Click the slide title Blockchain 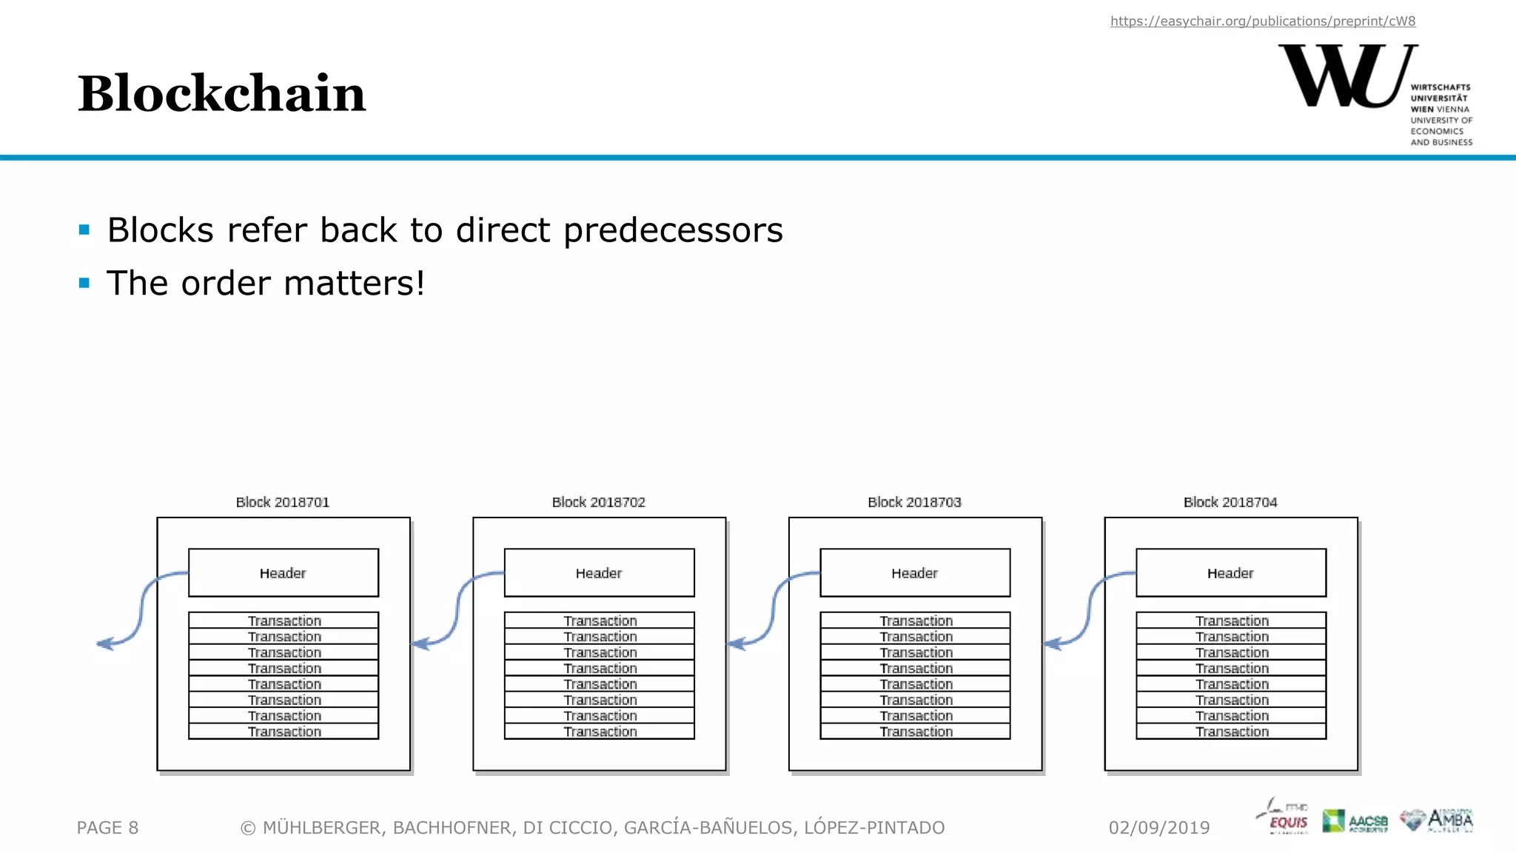(x=221, y=94)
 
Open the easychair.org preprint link (x=1262, y=21)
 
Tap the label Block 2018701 (x=282, y=502)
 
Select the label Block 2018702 (x=598, y=502)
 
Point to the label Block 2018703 (x=914, y=502)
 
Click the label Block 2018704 (x=1230, y=502)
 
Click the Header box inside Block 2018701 (x=283, y=572)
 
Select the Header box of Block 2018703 (x=914, y=572)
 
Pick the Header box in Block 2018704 (x=1230, y=572)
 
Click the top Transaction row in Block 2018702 (x=600, y=620)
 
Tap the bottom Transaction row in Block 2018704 (x=1231, y=732)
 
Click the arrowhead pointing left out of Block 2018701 (x=105, y=643)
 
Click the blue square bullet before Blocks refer (x=84, y=230)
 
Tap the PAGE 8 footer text (x=107, y=828)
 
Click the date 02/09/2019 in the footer (x=1158, y=828)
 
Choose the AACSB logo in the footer (x=1355, y=821)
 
